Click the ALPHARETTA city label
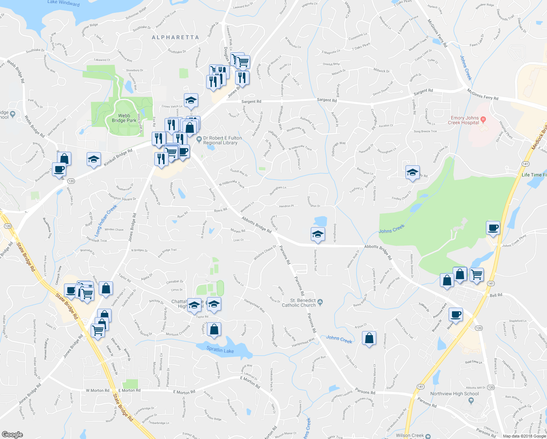pyautogui.click(x=175, y=37)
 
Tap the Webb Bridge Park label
pyautogui.click(x=124, y=118)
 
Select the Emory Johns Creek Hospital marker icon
pyautogui.click(x=483, y=119)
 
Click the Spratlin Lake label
pyautogui.click(x=220, y=349)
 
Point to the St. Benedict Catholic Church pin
pyautogui.click(x=320, y=302)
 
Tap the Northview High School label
pyautogui.click(x=454, y=394)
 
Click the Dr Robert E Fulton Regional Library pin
pyautogui.click(x=199, y=139)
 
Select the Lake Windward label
pyautogui.click(x=63, y=3)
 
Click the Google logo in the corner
pyautogui.click(x=12, y=434)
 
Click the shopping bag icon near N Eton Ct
pyautogui.click(x=369, y=338)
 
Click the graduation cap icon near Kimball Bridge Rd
pyautogui.click(x=94, y=160)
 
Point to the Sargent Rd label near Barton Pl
pyautogui.click(x=327, y=100)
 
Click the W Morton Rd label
pyautogui.click(x=97, y=390)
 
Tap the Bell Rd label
pyautogui.click(x=496, y=295)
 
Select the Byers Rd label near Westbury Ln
pyautogui.click(x=220, y=210)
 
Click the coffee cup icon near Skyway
pyautogui.click(x=456, y=315)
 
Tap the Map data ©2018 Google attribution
pyautogui.click(x=524, y=436)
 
